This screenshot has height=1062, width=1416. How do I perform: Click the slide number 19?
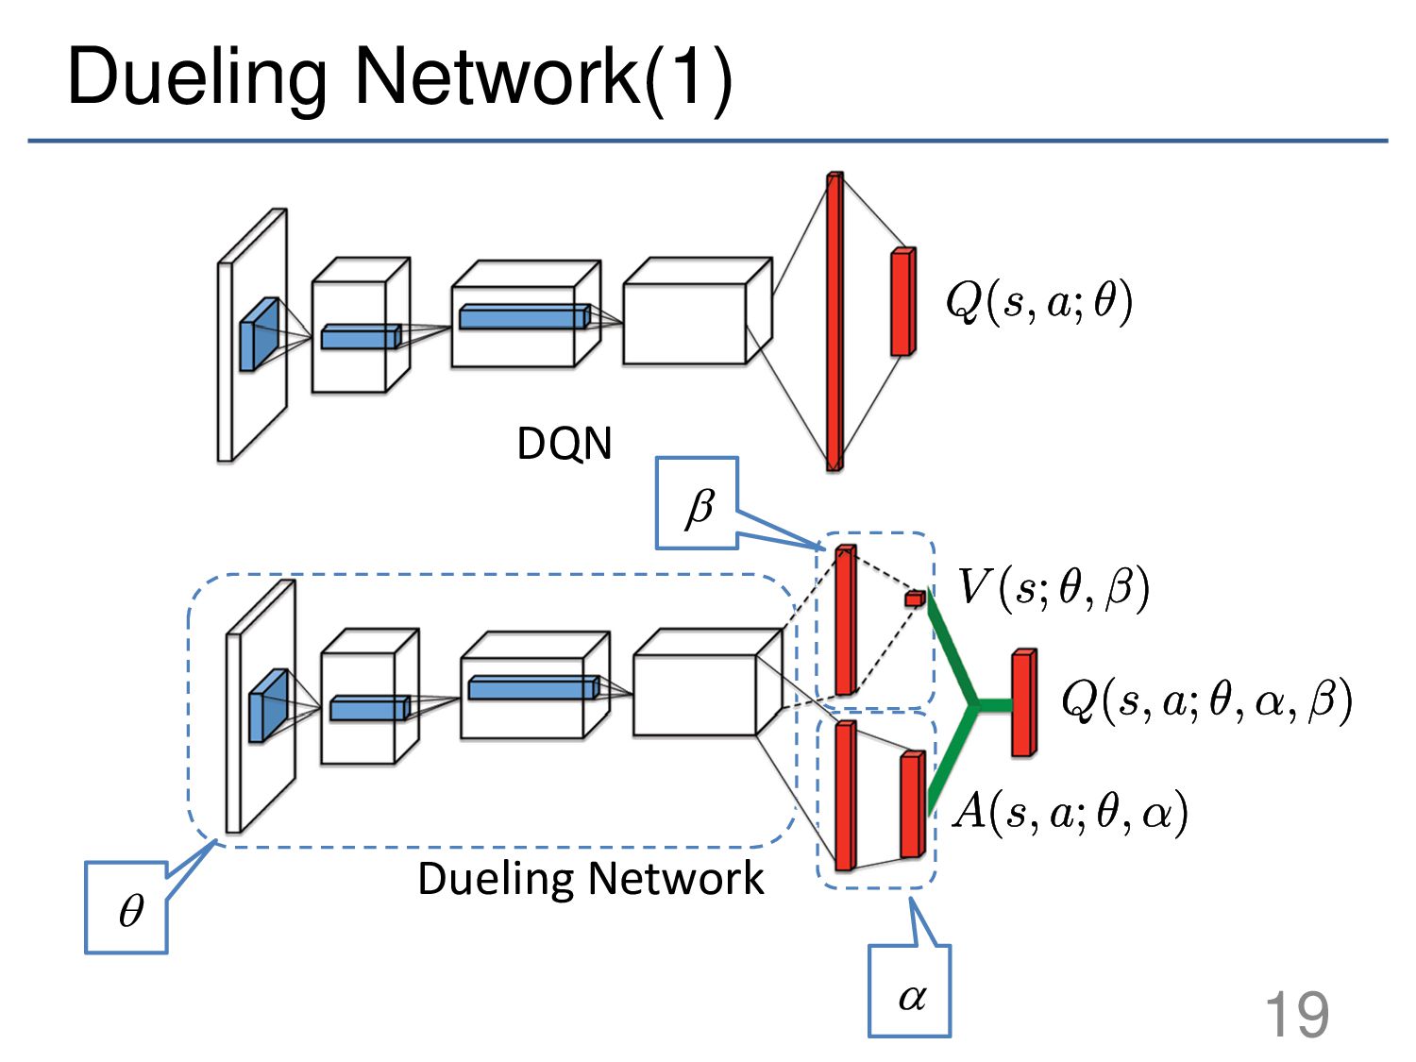(1296, 1015)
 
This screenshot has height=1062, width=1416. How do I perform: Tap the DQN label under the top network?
(564, 444)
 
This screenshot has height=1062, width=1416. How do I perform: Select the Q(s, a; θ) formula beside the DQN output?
(1038, 302)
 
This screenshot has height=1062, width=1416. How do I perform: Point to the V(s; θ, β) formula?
(1053, 587)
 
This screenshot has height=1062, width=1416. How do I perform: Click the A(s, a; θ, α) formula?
(1070, 812)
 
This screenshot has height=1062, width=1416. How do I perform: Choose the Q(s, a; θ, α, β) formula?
(1206, 700)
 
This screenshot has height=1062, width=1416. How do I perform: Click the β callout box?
(697, 503)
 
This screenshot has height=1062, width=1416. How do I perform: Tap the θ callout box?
(126, 908)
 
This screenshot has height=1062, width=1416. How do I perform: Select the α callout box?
(910, 991)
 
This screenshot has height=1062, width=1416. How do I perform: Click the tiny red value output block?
(915, 598)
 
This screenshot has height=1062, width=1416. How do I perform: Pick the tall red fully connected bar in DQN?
(834, 321)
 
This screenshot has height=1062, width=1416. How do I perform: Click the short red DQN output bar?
(903, 302)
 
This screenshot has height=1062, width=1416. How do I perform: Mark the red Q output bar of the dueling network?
(1024, 702)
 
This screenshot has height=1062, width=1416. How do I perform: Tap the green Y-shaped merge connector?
(969, 704)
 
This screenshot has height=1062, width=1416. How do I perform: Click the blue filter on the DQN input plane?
(260, 334)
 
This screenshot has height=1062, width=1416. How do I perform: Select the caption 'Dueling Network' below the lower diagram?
(590, 879)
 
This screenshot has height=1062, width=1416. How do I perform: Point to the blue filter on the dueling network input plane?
(268, 705)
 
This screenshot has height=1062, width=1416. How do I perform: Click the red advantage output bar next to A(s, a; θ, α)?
(913, 804)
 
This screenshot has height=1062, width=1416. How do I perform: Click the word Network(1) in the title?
(543, 78)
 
